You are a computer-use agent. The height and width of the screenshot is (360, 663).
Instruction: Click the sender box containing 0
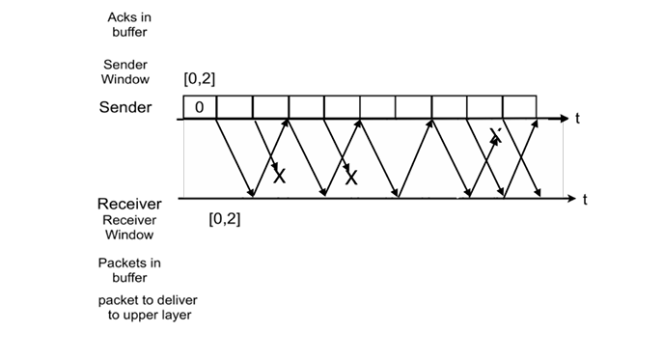pos(199,106)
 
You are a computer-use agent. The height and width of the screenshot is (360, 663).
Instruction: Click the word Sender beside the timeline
pos(125,107)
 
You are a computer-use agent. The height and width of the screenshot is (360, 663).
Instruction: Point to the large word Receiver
pos(129,204)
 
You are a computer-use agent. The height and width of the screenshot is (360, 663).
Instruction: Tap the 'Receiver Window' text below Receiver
pos(128,227)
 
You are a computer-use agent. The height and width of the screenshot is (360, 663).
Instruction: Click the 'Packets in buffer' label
pos(128,269)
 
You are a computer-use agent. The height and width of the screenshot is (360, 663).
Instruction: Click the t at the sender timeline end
pos(576,118)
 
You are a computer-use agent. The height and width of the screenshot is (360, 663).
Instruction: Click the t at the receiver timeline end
pos(584,200)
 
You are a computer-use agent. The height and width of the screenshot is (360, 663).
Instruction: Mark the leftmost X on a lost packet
pos(280,176)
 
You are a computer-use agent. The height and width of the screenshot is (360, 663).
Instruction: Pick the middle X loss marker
pos(351,177)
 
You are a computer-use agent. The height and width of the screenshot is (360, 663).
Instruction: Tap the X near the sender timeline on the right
pos(495,134)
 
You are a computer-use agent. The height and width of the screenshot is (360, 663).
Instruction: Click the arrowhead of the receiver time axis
pos(571,200)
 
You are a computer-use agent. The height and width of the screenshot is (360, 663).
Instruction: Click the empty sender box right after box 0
pos(235,106)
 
